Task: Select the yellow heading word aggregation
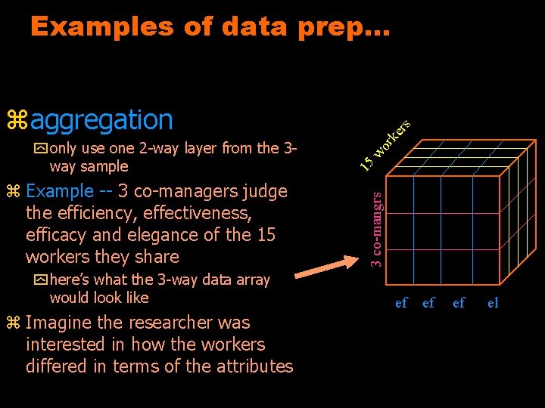[x=102, y=119]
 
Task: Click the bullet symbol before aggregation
[x=17, y=119]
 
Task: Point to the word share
[x=154, y=257]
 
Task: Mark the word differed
[x=54, y=366]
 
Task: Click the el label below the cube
[x=493, y=303]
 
